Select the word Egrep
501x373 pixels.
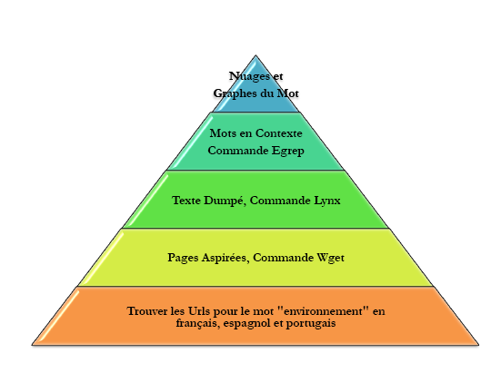click(288, 152)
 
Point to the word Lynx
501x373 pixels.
click(327, 201)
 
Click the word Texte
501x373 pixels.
click(186, 201)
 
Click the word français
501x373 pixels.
click(198, 324)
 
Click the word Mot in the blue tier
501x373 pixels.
click(287, 93)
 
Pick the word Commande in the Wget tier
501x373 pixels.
click(283, 258)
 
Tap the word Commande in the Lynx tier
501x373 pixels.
click(280, 201)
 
